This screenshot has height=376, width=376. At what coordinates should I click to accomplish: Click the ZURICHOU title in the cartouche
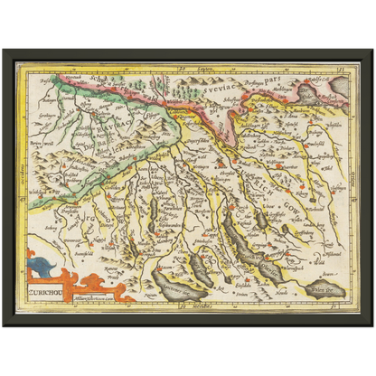pyautogui.click(x=46, y=293)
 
